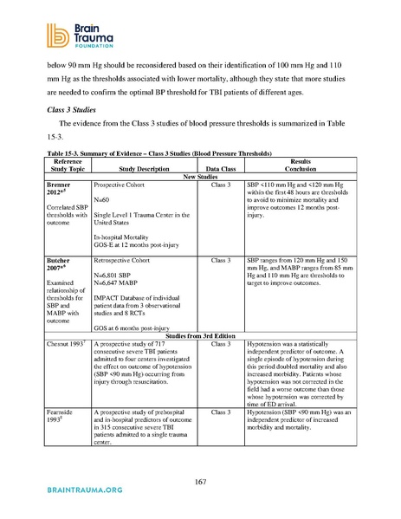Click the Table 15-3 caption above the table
tap(152, 152)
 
